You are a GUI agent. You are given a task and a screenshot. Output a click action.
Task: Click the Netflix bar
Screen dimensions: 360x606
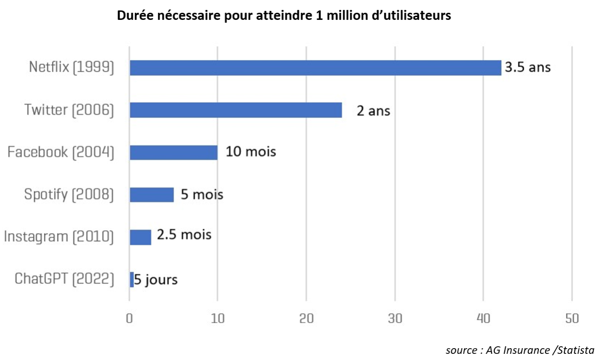[x=315, y=68]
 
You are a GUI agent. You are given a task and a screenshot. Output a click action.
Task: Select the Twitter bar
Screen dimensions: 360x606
[x=236, y=110]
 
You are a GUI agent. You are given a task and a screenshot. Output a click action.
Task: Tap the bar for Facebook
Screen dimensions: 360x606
[x=173, y=153]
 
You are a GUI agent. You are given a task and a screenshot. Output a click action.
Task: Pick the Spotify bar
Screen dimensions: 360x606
[x=151, y=195]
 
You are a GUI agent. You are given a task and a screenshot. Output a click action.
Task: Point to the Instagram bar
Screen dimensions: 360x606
[x=140, y=237]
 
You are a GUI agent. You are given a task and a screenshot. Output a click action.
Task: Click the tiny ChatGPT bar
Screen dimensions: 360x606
[x=132, y=279]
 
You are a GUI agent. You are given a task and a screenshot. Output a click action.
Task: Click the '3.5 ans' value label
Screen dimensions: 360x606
[x=527, y=67]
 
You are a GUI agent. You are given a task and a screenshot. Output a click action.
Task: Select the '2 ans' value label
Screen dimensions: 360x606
[x=373, y=111]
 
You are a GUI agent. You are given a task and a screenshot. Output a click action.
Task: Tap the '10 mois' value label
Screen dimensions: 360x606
[x=250, y=153]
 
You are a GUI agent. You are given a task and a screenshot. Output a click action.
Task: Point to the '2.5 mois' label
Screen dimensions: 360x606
[x=184, y=235]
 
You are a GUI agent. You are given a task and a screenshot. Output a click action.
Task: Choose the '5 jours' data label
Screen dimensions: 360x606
[x=156, y=280]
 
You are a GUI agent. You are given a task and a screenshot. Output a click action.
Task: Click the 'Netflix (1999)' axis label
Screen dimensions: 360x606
[x=71, y=68]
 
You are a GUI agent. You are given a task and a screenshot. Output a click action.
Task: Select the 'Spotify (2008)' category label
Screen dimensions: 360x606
[x=69, y=195]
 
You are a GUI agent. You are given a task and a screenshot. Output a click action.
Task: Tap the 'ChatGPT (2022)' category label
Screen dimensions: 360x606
[x=64, y=279]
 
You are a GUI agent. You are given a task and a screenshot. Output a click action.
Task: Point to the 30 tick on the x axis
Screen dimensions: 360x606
[x=395, y=318]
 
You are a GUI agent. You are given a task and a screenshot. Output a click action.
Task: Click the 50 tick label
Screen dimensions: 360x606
[x=572, y=318]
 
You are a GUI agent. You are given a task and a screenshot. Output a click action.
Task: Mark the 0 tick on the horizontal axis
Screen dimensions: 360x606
[x=129, y=318]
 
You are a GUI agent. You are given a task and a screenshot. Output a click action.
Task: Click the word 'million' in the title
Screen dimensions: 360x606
[x=342, y=16]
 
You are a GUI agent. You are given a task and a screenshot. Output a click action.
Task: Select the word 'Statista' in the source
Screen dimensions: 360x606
[x=575, y=351]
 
